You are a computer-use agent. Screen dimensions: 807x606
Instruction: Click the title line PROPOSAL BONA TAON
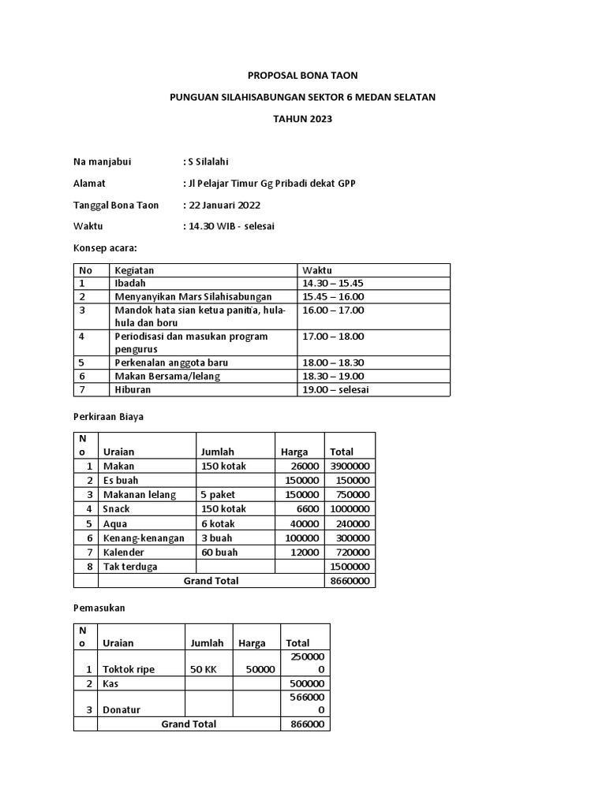(x=303, y=76)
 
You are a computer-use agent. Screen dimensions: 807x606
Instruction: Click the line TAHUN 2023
(x=303, y=119)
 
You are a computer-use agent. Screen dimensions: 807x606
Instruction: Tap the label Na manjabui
(x=102, y=162)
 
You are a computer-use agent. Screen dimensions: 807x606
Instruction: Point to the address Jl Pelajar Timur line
(x=269, y=184)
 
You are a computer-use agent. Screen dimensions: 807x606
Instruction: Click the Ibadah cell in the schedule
(x=130, y=283)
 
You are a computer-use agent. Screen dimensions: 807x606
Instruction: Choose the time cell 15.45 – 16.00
(x=332, y=296)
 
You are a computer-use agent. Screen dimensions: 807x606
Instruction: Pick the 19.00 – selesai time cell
(x=335, y=389)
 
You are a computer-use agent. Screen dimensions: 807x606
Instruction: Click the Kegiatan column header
(x=135, y=270)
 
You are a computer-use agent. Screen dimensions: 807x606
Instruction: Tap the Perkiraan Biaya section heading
(x=108, y=417)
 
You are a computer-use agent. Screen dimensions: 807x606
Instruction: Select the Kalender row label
(x=123, y=552)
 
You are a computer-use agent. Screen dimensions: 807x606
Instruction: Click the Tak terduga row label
(x=130, y=567)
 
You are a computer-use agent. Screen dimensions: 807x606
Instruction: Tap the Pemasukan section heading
(x=99, y=608)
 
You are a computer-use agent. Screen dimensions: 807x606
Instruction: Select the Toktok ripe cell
(x=129, y=669)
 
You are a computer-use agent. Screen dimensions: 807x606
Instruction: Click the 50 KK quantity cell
(x=204, y=669)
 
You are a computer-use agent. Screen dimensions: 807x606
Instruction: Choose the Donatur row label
(x=122, y=709)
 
